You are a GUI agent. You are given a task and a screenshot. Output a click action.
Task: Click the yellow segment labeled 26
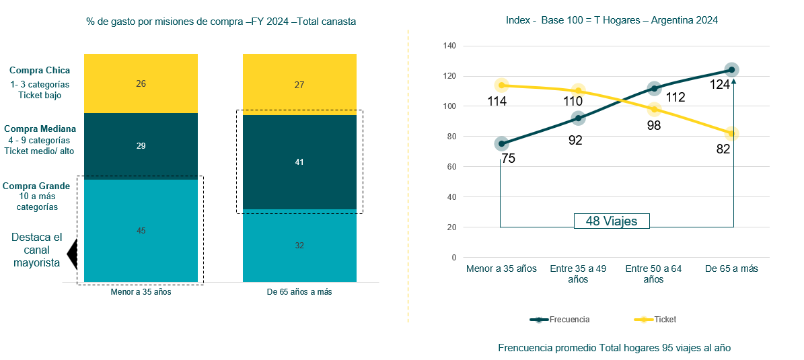141,83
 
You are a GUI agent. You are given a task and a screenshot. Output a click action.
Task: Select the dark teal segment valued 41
299,162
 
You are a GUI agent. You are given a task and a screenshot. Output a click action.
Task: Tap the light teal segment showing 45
141,231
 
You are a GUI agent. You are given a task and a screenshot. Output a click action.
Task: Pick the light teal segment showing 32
299,246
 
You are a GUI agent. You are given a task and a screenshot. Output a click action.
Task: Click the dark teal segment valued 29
141,146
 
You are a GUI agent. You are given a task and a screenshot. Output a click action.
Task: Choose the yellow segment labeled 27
299,84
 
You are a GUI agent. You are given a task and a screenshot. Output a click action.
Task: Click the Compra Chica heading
40,70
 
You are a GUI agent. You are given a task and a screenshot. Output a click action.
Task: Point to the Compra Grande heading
36,186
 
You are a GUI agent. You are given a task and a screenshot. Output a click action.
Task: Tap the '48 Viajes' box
611,221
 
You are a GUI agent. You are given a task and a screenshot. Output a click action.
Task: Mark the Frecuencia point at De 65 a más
732,69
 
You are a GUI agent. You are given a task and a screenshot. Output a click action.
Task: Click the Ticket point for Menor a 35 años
501,85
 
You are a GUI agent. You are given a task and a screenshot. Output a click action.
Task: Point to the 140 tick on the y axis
449,46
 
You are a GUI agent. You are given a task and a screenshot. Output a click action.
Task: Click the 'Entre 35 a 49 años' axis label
578,273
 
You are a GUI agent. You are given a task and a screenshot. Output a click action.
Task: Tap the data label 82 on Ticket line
723,149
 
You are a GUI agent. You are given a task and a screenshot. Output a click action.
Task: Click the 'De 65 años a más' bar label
299,292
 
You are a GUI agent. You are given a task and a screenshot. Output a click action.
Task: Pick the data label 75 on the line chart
509,159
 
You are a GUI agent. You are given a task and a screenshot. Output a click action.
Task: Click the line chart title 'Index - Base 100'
611,20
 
